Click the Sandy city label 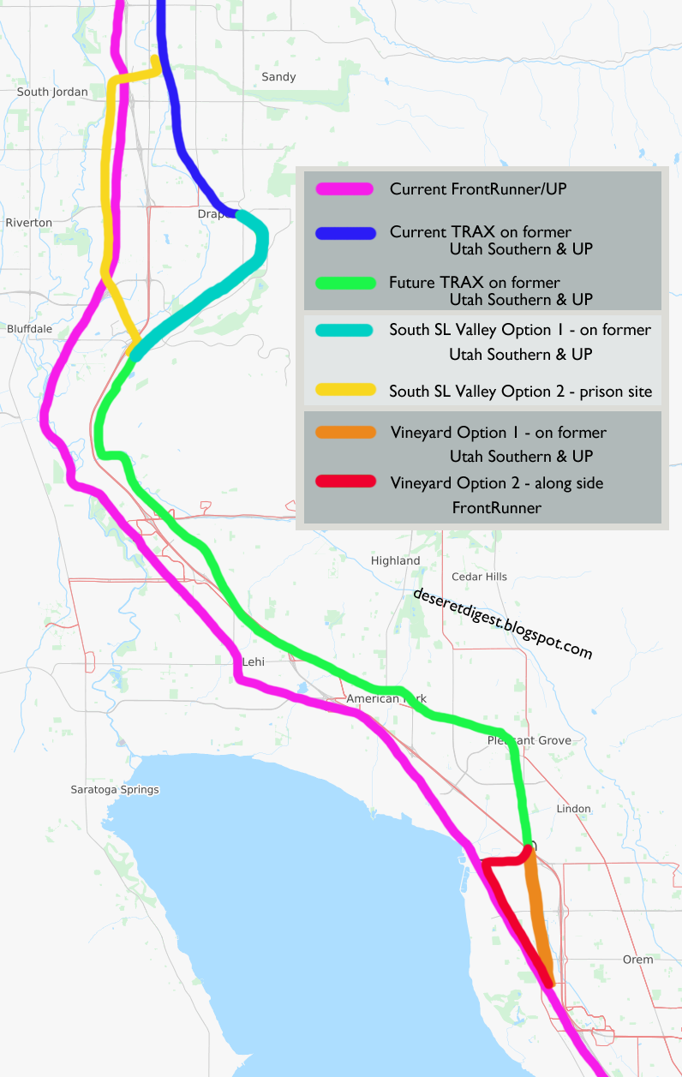[278, 77]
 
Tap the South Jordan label [52, 92]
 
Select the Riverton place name [28, 223]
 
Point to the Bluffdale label [29, 328]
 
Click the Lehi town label [254, 662]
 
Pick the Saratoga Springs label [115, 790]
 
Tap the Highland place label [395, 561]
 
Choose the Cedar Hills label [478, 577]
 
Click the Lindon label [573, 809]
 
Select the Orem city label [637, 960]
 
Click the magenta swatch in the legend [344, 189]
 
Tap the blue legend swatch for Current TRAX [344, 233]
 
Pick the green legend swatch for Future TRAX [344, 283]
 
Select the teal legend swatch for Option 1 [344, 331]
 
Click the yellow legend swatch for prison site [344, 391]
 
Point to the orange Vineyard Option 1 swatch [344, 433]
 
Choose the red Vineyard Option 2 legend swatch [344, 482]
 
